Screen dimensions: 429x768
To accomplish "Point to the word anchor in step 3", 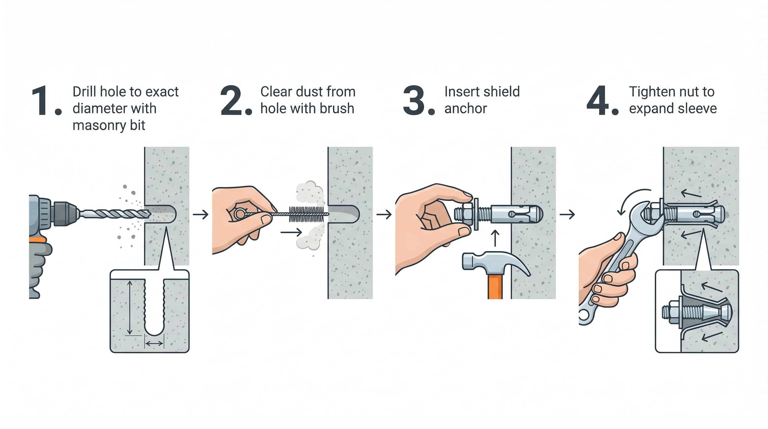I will click(465, 108).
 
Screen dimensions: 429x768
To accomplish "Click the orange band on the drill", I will click(38, 239).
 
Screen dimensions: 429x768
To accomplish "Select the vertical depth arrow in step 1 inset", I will click(129, 308).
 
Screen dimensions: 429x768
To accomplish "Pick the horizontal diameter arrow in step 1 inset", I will click(154, 344).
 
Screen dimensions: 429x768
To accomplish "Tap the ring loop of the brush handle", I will click(239, 214).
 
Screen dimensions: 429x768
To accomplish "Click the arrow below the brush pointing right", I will click(291, 232).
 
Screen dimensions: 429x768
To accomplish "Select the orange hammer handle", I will click(495, 286).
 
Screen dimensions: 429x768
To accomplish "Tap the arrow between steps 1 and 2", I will click(200, 214).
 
